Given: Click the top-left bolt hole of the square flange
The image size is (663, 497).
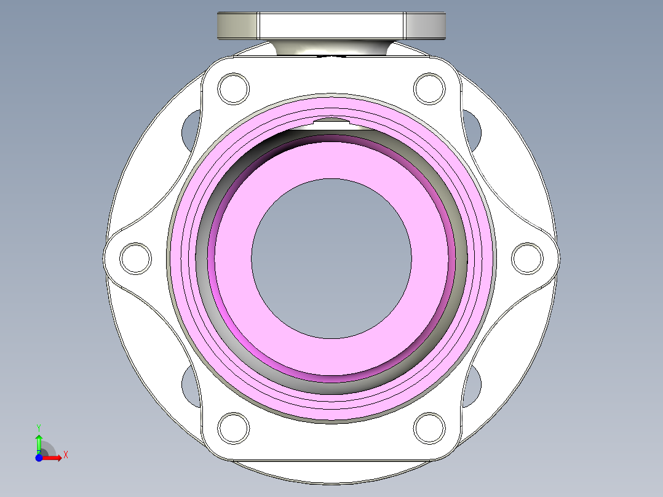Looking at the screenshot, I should tap(234, 89).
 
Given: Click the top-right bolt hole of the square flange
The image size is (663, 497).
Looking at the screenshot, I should tap(429, 89).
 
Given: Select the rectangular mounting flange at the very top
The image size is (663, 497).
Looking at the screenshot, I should tap(331, 25).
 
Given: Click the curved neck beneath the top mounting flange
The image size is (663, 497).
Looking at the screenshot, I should tap(331, 48).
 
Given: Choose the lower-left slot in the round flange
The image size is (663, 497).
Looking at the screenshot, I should tap(190, 384).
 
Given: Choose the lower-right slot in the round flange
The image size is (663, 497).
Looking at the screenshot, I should tap(472, 384).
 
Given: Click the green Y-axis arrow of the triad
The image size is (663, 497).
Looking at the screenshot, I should tap(39, 442).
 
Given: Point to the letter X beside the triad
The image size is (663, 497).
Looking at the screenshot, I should tap(66, 455).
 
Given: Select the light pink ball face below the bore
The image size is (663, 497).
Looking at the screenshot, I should tap(331, 357).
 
